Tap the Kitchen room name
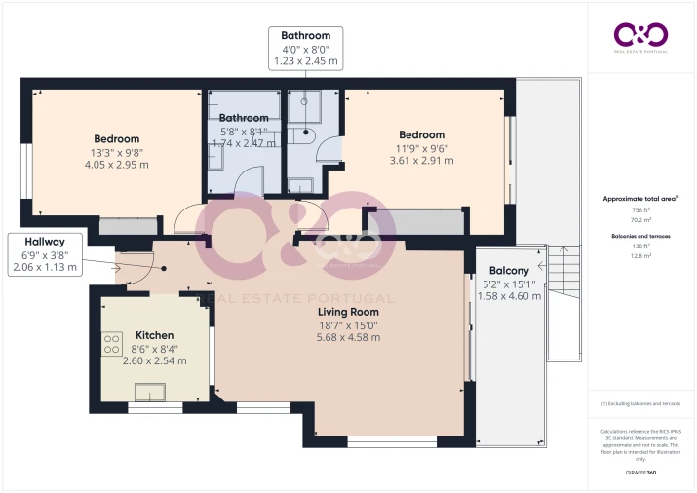tap(154, 335)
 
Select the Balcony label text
tap(509, 271)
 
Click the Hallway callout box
tap(45, 254)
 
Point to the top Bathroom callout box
tap(306, 48)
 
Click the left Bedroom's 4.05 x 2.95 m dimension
tap(116, 165)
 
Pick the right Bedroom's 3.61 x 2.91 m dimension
tap(421, 161)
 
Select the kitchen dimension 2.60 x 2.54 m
tap(154, 360)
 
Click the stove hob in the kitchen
tap(111, 344)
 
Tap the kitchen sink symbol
tap(150, 392)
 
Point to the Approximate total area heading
tap(640, 198)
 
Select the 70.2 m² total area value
tap(640, 220)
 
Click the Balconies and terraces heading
tap(640, 236)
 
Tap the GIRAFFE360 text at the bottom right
tap(640, 472)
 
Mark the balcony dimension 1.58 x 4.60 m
tap(509, 296)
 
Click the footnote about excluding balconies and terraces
tap(640, 403)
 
